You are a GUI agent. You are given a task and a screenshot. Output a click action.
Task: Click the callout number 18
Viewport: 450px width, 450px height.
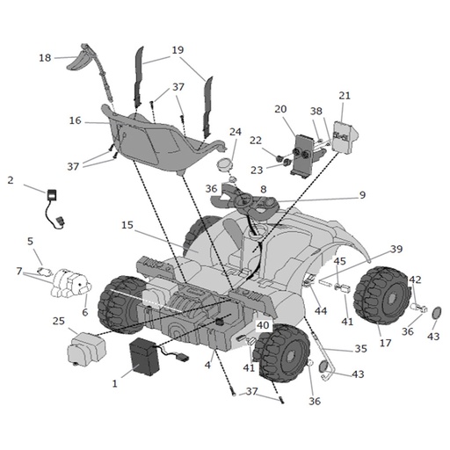click(x=45, y=58)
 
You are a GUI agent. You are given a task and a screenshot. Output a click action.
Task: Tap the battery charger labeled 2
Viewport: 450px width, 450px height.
click(x=54, y=208)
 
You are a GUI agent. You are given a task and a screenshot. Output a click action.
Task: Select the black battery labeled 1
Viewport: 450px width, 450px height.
click(x=144, y=356)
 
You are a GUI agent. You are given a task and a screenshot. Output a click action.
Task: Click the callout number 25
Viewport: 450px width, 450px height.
click(x=59, y=321)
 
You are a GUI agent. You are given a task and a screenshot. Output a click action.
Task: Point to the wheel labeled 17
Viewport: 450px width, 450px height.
click(x=382, y=295)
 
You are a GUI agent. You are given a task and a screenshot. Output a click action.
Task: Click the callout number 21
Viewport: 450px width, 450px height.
click(x=345, y=96)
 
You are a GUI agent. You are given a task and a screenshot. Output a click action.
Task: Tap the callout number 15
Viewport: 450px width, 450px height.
click(x=127, y=225)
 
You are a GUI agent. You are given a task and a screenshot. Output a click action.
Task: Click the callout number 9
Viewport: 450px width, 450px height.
click(x=362, y=195)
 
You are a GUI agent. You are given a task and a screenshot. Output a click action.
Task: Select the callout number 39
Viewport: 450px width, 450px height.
click(x=396, y=249)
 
